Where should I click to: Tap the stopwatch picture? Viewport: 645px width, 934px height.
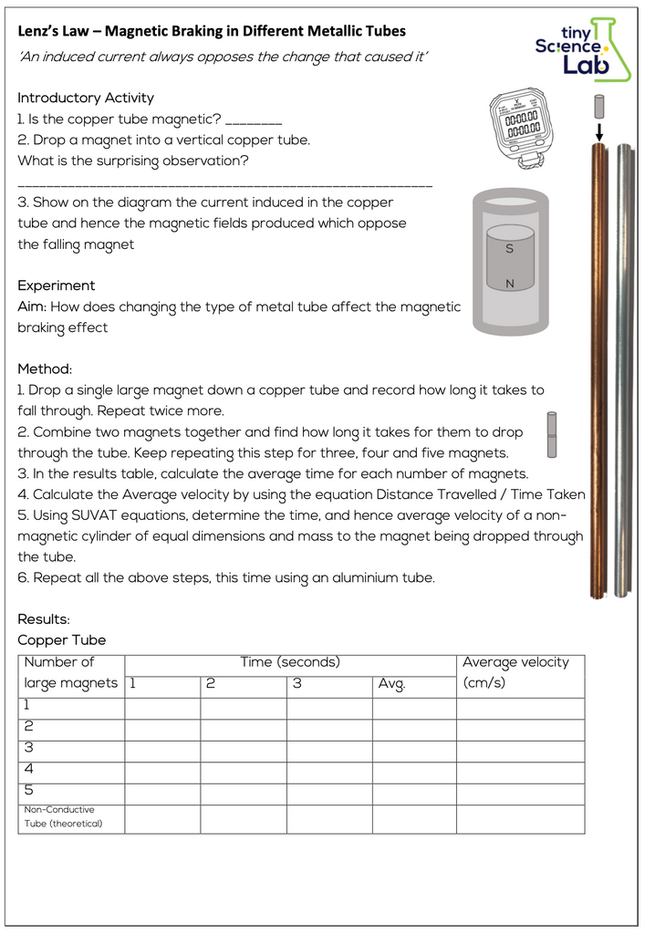pyautogui.click(x=516, y=127)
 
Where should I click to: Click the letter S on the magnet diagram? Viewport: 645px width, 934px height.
pyautogui.click(x=509, y=248)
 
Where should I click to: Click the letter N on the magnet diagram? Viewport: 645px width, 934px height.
pyautogui.click(x=509, y=284)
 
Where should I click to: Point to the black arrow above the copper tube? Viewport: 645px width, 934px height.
pyautogui.click(x=599, y=132)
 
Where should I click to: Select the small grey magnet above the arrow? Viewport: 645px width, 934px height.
pyautogui.click(x=599, y=106)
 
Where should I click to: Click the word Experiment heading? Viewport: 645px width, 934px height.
pyautogui.click(x=57, y=285)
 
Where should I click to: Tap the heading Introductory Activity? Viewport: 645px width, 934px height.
pyautogui.click(x=86, y=98)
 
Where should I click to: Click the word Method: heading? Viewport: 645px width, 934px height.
pyautogui.click(x=45, y=368)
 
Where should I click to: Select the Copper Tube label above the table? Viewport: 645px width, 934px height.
pyautogui.click(x=62, y=640)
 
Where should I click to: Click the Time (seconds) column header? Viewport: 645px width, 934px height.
pyautogui.click(x=290, y=662)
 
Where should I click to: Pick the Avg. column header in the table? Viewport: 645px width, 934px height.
pyautogui.click(x=392, y=683)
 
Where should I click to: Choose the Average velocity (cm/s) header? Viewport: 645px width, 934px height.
pyautogui.click(x=515, y=672)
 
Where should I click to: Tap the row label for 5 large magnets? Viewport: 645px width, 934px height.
pyautogui.click(x=28, y=790)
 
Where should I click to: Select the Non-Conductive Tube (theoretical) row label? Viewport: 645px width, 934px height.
pyautogui.click(x=63, y=816)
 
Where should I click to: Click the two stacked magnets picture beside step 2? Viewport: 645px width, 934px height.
pyautogui.click(x=552, y=434)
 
